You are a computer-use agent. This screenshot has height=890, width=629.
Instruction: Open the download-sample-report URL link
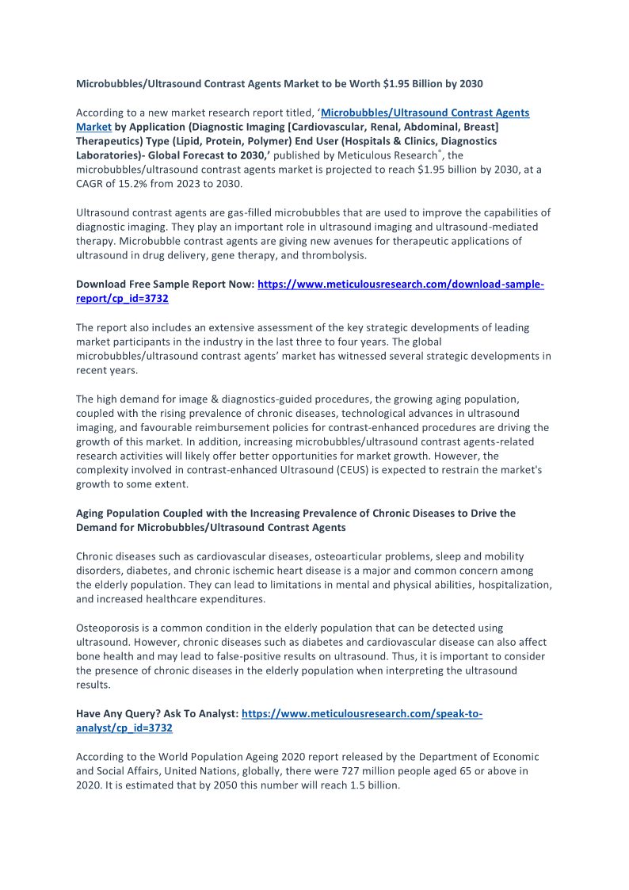click(401, 284)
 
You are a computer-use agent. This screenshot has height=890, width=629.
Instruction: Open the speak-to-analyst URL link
click(362, 713)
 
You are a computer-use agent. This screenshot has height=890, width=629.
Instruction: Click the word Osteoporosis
click(109, 628)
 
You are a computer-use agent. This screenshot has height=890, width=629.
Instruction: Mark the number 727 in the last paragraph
click(351, 770)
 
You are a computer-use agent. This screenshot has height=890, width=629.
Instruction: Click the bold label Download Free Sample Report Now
click(165, 284)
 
